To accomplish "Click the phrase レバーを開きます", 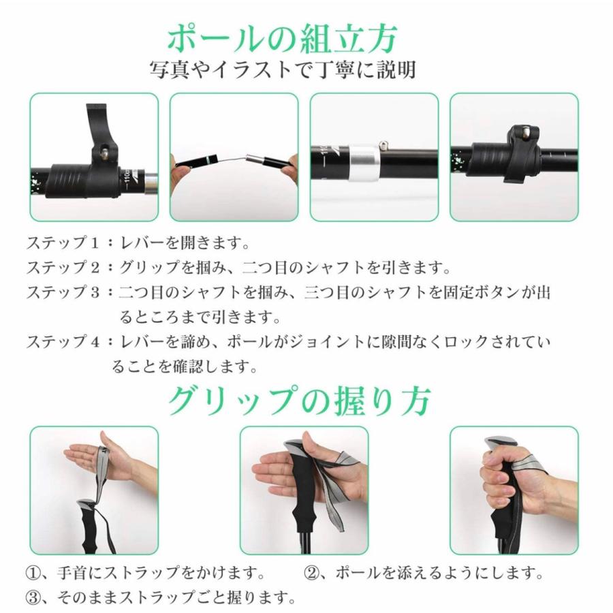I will click(x=185, y=243).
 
